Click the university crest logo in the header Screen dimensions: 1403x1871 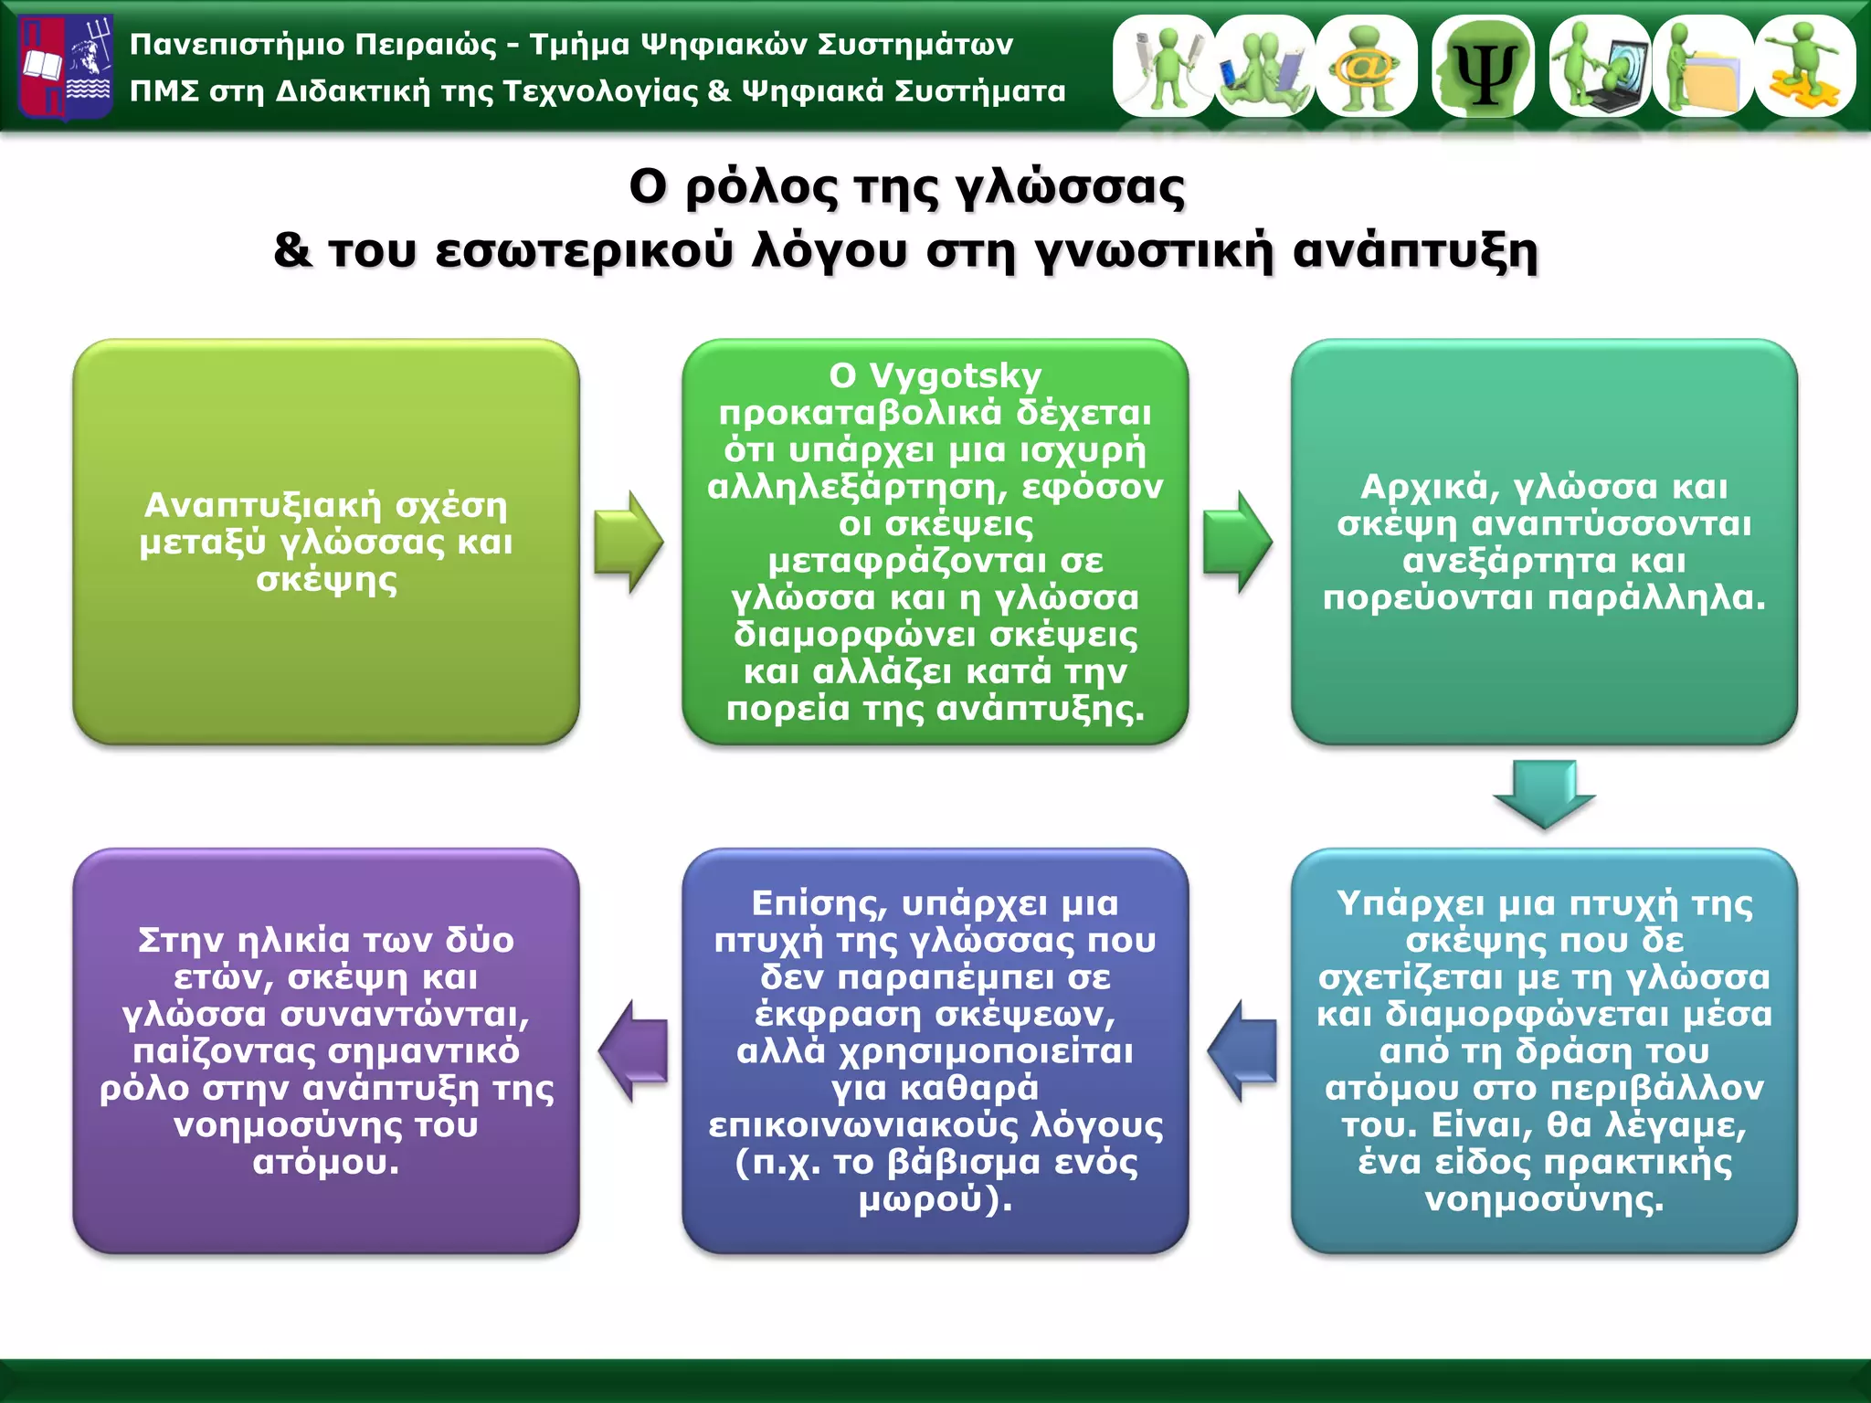pyautogui.click(x=66, y=67)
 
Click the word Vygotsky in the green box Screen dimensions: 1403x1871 pyautogui.click(x=955, y=376)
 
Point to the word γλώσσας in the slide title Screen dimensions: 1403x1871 pyautogui.click(x=1070, y=188)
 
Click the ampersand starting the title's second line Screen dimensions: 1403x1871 pyautogui.click(x=292, y=250)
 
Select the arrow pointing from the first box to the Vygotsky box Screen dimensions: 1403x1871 pyautogui.click(x=629, y=543)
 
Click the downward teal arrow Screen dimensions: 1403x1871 pyautogui.click(x=1544, y=793)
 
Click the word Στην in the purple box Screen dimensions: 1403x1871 pyautogui.click(x=180, y=941)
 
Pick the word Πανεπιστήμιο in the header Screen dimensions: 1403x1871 pyautogui.click(x=237, y=45)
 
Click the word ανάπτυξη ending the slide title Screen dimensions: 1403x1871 pyautogui.click(x=1415, y=250)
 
